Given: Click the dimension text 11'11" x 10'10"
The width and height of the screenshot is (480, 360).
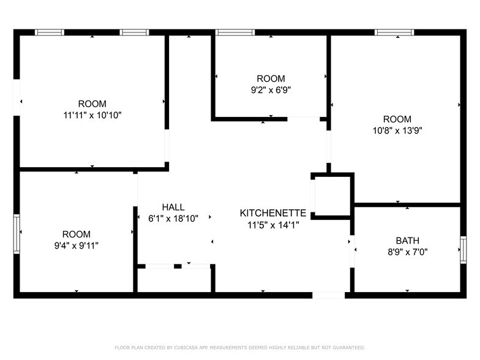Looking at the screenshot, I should [92, 114].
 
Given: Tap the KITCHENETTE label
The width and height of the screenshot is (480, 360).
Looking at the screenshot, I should [272, 213].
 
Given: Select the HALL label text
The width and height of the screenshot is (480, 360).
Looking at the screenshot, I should [173, 207].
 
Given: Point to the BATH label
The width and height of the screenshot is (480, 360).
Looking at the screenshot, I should [407, 241].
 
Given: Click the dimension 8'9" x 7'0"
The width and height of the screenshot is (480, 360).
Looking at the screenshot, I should [407, 251].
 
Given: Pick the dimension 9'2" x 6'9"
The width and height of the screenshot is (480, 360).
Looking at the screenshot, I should [270, 89].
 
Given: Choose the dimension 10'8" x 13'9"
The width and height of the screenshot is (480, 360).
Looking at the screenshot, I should [397, 130].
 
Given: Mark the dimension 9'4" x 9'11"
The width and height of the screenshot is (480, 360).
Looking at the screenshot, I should [76, 245].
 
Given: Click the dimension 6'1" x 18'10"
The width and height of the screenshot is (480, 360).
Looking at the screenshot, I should [173, 218].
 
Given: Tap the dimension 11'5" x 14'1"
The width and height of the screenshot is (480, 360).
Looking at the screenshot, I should [272, 224].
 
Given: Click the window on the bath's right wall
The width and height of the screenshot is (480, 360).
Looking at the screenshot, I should [463, 250].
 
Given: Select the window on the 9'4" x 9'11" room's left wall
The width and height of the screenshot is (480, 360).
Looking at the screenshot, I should [17, 233].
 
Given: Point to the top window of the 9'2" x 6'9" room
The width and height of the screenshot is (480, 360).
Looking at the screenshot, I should [235, 32].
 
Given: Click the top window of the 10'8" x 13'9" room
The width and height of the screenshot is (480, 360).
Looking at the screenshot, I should [394, 32].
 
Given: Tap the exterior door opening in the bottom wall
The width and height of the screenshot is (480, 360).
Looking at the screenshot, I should [329, 295].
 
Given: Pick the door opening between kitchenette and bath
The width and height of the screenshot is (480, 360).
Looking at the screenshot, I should [352, 251].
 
